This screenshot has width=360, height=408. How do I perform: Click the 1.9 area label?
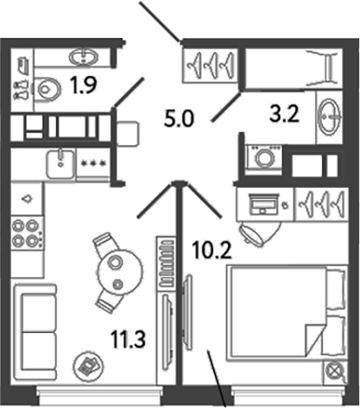(x=84, y=84)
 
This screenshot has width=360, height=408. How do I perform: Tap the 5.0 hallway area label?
(x=179, y=118)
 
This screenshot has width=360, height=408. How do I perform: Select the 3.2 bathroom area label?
(x=284, y=114)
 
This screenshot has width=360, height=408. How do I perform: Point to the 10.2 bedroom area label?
(x=212, y=250)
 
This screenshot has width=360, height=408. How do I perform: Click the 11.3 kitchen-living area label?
(x=128, y=339)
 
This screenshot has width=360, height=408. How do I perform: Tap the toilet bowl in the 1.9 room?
(x=47, y=89)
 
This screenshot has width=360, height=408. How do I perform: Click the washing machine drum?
(x=264, y=159)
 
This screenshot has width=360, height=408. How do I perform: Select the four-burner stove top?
(x=27, y=233)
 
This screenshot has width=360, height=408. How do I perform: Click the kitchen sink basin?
(x=61, y=163)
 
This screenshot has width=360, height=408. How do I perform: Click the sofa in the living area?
(x=36, y=331)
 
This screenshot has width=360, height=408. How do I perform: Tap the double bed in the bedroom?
(x=287, y=313)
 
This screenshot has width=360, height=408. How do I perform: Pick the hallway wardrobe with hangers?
(x=210, y=66)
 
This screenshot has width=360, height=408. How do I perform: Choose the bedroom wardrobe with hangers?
(x=322, y=204)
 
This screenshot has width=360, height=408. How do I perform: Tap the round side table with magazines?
(x=88, y=365)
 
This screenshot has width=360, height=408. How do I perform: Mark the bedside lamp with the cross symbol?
(x=334, y=371)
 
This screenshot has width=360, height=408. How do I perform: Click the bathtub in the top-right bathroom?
(x=294, y=68)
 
